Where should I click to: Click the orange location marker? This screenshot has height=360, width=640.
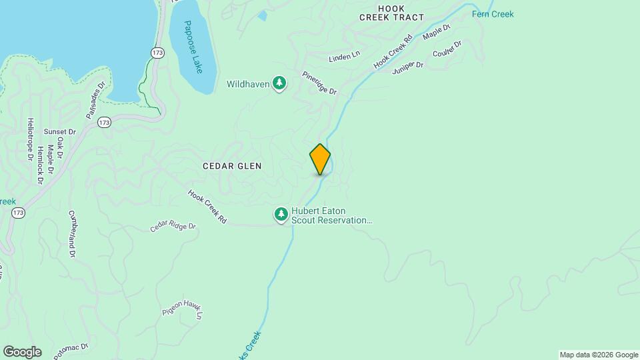click(x=320, y=159)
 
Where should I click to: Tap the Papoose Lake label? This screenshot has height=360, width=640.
click(x=194, y=47)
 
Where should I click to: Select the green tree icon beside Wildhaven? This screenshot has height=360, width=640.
click(x=281, y=84)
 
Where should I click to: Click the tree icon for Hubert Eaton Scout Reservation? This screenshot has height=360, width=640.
click(x=281, y=214)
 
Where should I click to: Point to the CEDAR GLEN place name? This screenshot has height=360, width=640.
click(x=233, y=166)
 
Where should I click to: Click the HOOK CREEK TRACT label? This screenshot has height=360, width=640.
click(x=391, y=13)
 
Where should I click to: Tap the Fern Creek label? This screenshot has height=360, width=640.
click(x=493, y=14)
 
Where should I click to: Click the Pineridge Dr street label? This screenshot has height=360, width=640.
click(x=319, y=83)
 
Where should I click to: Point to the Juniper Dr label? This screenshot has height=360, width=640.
click(x=408, y=65)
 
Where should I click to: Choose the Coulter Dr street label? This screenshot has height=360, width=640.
click(x=447, y=49)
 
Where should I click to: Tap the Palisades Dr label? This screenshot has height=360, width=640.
click(x=96, y=101)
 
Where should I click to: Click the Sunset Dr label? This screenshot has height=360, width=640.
click(x=60, y=132)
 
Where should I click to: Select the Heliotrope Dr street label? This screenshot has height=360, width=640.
click(x=30, y=139)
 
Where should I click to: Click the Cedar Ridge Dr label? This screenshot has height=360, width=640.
click(x=173, y=227)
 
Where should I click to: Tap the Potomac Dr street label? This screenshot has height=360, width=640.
click(x=71, y=349)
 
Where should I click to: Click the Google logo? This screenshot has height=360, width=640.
click(x=22, y=352)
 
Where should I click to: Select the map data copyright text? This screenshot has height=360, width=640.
click(x=599, y=355)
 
